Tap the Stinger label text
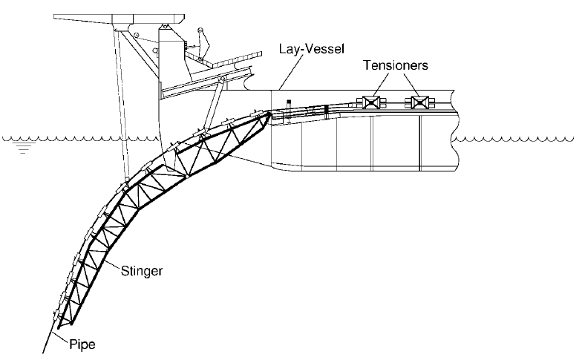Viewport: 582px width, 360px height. (x=140, y=271)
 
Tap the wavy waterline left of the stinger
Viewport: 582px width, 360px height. (x=59, y=138)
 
